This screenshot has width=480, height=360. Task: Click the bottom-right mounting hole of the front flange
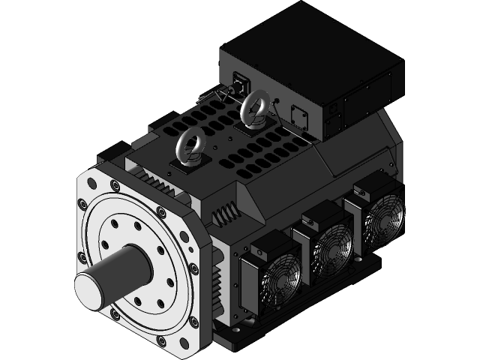(x=194, y=321)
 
